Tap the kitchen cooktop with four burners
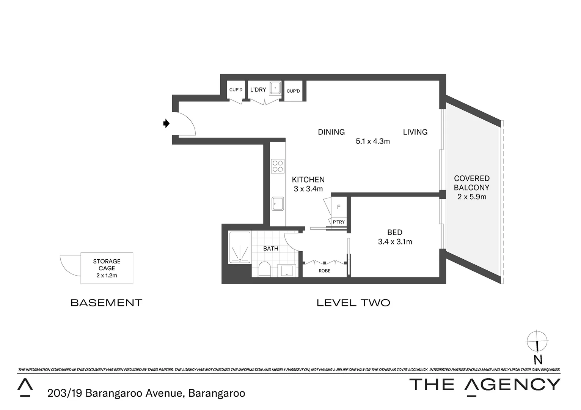[278, 166]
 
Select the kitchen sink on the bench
[278, 203]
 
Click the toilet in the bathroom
[264, 269]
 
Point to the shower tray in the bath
[240, 248]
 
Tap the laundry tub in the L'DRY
[275, 88]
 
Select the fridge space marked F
[339, 207]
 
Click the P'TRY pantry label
[339, 222]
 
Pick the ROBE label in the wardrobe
[324, 271]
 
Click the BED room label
[395, 232]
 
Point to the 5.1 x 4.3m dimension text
[373, 141]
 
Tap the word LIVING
[415, 132]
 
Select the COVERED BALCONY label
[472, 183]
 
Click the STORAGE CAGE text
[107, 265]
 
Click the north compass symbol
[537, 341]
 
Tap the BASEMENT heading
[106, 303]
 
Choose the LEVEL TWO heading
[353, 303]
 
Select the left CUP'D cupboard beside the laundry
[236, 90]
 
